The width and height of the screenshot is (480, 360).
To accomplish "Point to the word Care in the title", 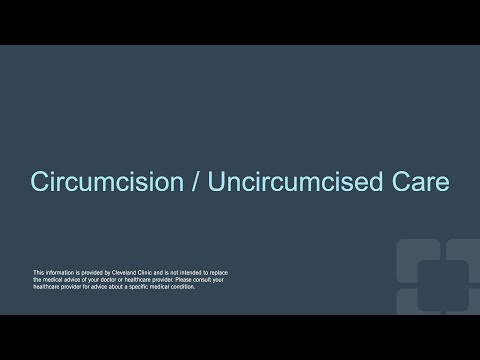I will [x=420, y=184].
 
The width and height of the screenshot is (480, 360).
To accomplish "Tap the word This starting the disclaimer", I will [x=39, y=271].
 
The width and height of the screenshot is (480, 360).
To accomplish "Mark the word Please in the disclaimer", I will [x=185, y=279].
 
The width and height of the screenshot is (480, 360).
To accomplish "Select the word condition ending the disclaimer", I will [x=182, y=287].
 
